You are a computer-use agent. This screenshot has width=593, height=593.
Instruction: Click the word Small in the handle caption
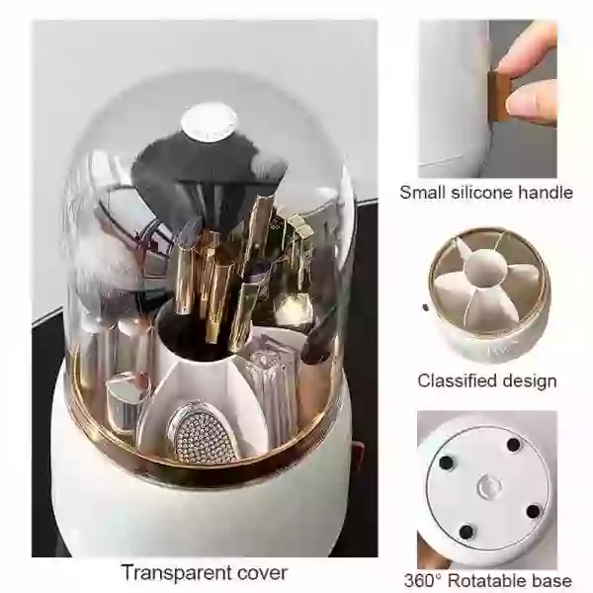point(421,192)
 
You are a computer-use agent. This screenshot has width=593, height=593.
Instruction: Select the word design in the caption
point(529,381)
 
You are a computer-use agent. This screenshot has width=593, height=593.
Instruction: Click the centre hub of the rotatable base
point(486,485)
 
